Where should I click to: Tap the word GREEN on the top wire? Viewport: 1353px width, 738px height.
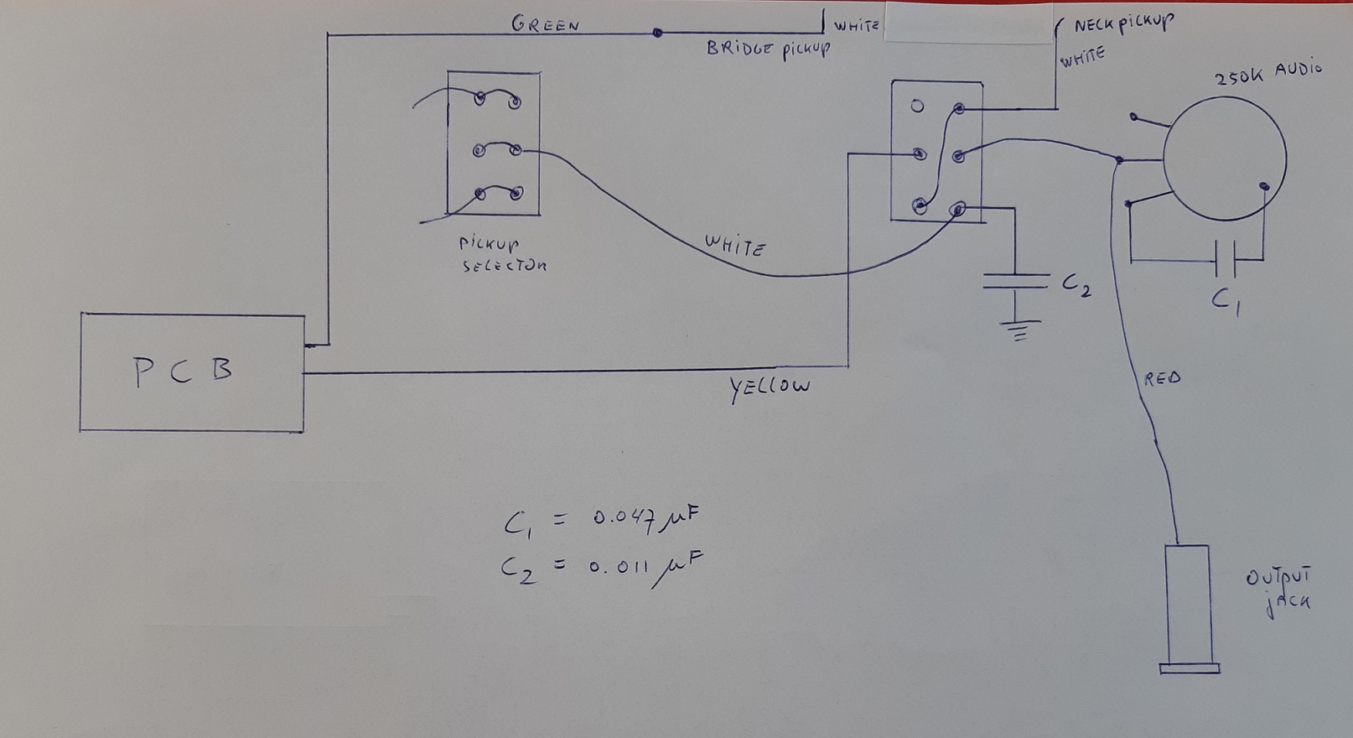[546, 25]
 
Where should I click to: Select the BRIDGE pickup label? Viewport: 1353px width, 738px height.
[769, 49]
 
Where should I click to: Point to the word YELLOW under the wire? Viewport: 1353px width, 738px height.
[769, 387]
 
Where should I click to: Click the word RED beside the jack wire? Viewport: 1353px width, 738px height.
[1162, 379]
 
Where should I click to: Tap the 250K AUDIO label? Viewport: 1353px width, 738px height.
[1267, 73]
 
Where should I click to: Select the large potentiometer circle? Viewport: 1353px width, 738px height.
[1225, 159]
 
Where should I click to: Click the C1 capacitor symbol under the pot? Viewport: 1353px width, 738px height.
[1226, 260]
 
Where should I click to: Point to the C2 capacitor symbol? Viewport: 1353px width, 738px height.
[1016, 281]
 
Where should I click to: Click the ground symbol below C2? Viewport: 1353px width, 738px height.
[1019, 330]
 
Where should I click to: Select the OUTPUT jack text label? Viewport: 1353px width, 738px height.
[1278, 592]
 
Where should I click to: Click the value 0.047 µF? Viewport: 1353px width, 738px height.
[645, 520]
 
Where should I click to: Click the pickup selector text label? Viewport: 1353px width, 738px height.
[503, 254]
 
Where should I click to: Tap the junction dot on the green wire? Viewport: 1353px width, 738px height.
[657, 33]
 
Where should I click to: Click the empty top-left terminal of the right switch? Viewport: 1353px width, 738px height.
[917, 107]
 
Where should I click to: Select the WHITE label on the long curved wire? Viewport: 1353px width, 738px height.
[735, 246]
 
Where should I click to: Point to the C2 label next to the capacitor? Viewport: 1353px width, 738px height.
[1076, 285]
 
